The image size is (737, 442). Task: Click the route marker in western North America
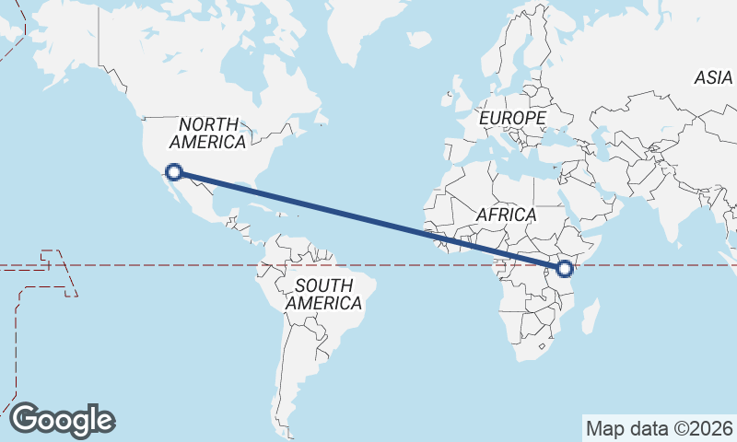173,170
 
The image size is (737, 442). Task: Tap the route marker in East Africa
565,269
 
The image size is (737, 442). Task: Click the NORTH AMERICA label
208,133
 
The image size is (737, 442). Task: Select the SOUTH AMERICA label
323,294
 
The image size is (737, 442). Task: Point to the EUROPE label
512,119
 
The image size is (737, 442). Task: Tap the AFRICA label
506,215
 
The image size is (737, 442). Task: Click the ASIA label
713,79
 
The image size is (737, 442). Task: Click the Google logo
63,420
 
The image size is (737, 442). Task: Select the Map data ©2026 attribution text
659,428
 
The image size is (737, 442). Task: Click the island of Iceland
420,41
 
